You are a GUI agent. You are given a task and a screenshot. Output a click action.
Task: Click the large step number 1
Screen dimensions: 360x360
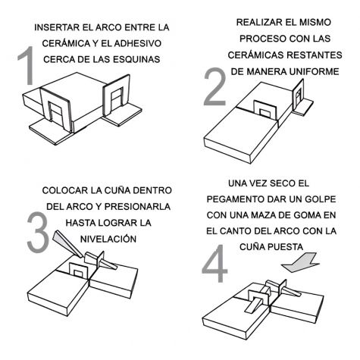pos(27,65)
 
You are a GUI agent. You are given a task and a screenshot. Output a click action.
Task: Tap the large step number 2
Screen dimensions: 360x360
pos(215,86)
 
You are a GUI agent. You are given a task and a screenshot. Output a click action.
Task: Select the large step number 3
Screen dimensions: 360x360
pos(38,232)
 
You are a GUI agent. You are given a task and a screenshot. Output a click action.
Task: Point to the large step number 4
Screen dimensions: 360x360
pos(214,264)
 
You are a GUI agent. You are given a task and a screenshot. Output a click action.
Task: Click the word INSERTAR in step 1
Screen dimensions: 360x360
pos(57,27)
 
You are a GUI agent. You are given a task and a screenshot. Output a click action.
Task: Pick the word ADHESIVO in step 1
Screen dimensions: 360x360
pos(138,43)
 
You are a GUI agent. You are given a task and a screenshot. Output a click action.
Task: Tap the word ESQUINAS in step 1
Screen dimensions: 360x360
pos(136,60)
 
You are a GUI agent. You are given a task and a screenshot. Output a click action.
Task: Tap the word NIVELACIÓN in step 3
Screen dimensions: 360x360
pos(108,239)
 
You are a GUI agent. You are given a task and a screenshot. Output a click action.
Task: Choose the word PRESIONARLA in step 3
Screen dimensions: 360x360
pos(137,207)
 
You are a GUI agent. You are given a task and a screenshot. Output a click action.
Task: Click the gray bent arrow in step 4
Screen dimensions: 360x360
pos(300,263)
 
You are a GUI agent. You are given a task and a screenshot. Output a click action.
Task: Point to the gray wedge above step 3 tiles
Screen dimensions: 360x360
pos(67,244)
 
